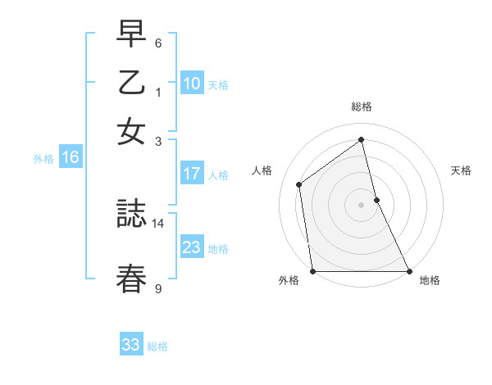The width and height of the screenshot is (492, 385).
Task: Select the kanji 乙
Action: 131,84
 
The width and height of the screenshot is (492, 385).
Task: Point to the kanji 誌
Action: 131,216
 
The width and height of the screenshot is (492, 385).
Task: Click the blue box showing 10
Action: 192,84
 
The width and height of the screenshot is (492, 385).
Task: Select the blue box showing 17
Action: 192,174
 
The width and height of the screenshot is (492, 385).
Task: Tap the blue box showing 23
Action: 192,247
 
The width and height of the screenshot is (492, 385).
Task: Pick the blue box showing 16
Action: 70,158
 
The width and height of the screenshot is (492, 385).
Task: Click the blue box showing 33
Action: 131,345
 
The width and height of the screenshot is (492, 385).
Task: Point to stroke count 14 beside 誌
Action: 158,223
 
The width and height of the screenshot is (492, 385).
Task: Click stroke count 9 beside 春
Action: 158,288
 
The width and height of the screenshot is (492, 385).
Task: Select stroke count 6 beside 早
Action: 158,43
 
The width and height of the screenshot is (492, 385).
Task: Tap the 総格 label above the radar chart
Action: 362,106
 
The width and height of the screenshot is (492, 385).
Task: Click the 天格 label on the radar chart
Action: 462,170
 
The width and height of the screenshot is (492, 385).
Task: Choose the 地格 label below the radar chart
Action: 430,280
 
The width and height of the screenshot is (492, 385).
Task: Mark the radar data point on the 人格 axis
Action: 299,184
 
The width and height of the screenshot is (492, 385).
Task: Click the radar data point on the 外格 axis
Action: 313,271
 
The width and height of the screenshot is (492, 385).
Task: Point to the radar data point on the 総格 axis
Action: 362,140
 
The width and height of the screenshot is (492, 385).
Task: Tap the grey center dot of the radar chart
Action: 362,205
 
